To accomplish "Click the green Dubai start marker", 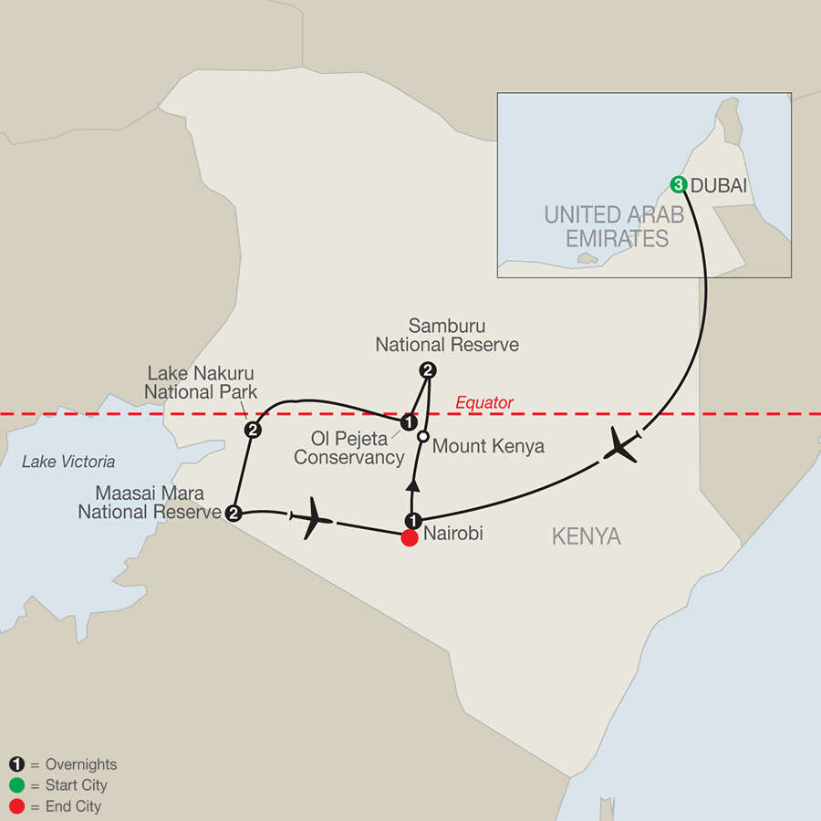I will click(x=679, y=185).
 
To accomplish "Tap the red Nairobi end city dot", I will click(x=410, y=538).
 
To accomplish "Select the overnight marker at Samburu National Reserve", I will click(x=426, y=370).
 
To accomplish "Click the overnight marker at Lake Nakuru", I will click(x=252, y=429).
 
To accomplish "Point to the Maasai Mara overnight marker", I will click(x=233, y=513).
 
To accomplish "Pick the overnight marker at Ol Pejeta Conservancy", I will click(x=410, y=422).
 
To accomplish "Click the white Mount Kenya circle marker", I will click(x=422, y=437).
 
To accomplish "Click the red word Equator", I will click(x=483, y=402).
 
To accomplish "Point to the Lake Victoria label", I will click(x=68, y=462).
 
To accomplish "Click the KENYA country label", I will click(x=586, y=536).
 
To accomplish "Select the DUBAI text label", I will click(x=720, y=185).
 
